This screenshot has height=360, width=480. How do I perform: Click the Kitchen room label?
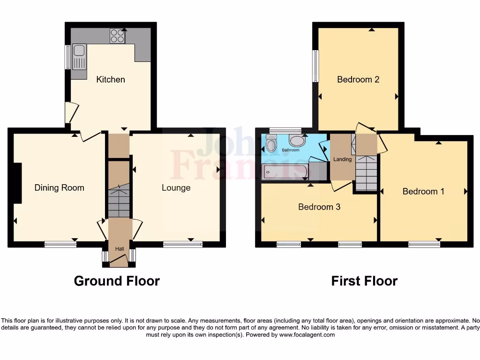pyautogui.click(x=111, y=80)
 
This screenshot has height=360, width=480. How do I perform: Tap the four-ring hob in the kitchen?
pyautogui.click(x=117, y=36)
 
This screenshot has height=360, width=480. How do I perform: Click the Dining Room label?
pyautogui.click(x=60, y=188)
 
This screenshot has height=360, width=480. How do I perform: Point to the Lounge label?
pyautogui.click(x=176, y=188)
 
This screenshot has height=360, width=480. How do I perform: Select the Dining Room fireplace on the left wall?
pyautogui.click(x=18, y=183)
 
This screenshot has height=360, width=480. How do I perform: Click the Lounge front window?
pyautogui.click(x=183, y=244)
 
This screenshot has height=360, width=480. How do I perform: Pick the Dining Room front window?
pyautogui.click(x=60, y=244)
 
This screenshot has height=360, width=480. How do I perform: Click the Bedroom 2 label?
pyautogui.click(x=358, y=80)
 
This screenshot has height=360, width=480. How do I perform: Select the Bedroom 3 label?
pyautogui.click(x=319, y=207)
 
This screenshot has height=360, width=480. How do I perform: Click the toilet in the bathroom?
pyautogui.click(x=271, y=144)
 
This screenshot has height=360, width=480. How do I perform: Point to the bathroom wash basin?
pyautogui.click(x=297, y=140)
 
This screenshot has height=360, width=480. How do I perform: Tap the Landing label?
pyautogui.click(x=342, y=159)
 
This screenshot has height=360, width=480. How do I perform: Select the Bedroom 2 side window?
pyautogui.click(x=315, y=66)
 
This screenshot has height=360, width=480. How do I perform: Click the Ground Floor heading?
pyautogui.click(x=117, y=281)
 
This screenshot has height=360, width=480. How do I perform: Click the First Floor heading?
pyautogui.click(x=364, y=281)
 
